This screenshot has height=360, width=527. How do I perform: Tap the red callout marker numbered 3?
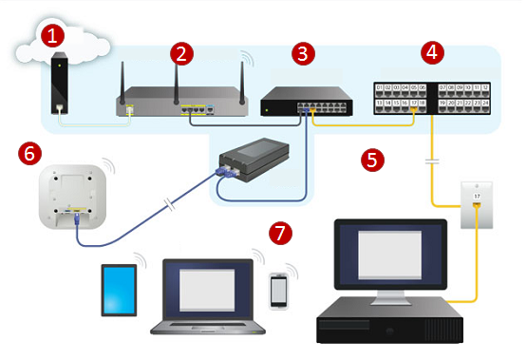click(x=302, y=52)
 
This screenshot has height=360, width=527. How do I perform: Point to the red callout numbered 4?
click(x=433, y=52)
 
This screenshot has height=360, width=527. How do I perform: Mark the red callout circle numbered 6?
click(x=29, y=151)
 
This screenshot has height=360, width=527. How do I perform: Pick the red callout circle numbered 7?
click(x=277, y=231)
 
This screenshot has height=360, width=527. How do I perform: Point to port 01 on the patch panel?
click(x=381, y=88)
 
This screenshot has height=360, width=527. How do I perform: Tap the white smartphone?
click(x=278, y=291)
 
